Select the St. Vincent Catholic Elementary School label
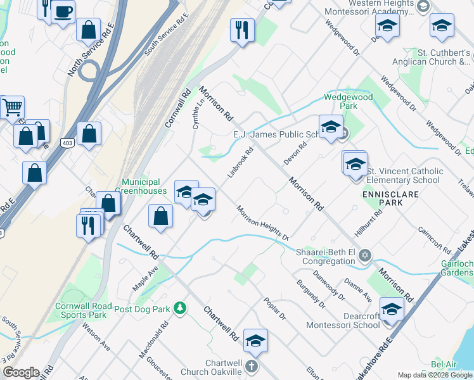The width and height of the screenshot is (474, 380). pos(404,175)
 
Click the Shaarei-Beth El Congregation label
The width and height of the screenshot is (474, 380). pos(326,256)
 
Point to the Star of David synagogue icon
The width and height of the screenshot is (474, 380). pos(364,256)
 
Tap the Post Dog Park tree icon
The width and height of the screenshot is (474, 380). pos(181,308)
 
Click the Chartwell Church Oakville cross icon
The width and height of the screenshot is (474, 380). pos(252,366)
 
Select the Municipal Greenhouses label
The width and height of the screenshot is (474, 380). pos(144,186)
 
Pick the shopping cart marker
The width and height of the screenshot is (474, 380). pos(12,107)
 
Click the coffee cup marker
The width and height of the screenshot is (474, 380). pos(62,11)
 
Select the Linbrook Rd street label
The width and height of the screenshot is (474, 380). pos(241,163)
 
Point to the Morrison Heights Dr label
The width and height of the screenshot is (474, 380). pos(262,223)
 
